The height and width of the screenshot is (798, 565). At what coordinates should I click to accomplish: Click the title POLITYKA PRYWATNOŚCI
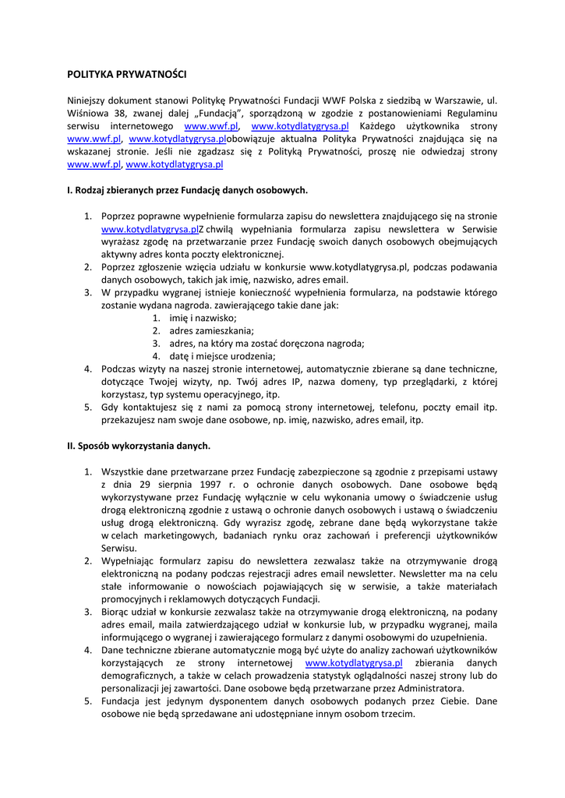(127, 75)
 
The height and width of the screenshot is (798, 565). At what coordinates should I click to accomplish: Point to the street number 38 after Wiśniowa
(117, 114)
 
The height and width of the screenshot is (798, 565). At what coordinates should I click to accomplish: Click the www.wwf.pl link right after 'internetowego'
(211, 126)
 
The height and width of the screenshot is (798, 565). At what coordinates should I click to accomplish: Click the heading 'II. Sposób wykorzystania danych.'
(139, 446)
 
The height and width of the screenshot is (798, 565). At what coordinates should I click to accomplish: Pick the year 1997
(203, 485)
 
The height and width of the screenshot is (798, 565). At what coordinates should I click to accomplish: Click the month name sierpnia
(161, 485)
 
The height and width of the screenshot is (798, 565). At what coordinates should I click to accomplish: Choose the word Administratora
(426, 688)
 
